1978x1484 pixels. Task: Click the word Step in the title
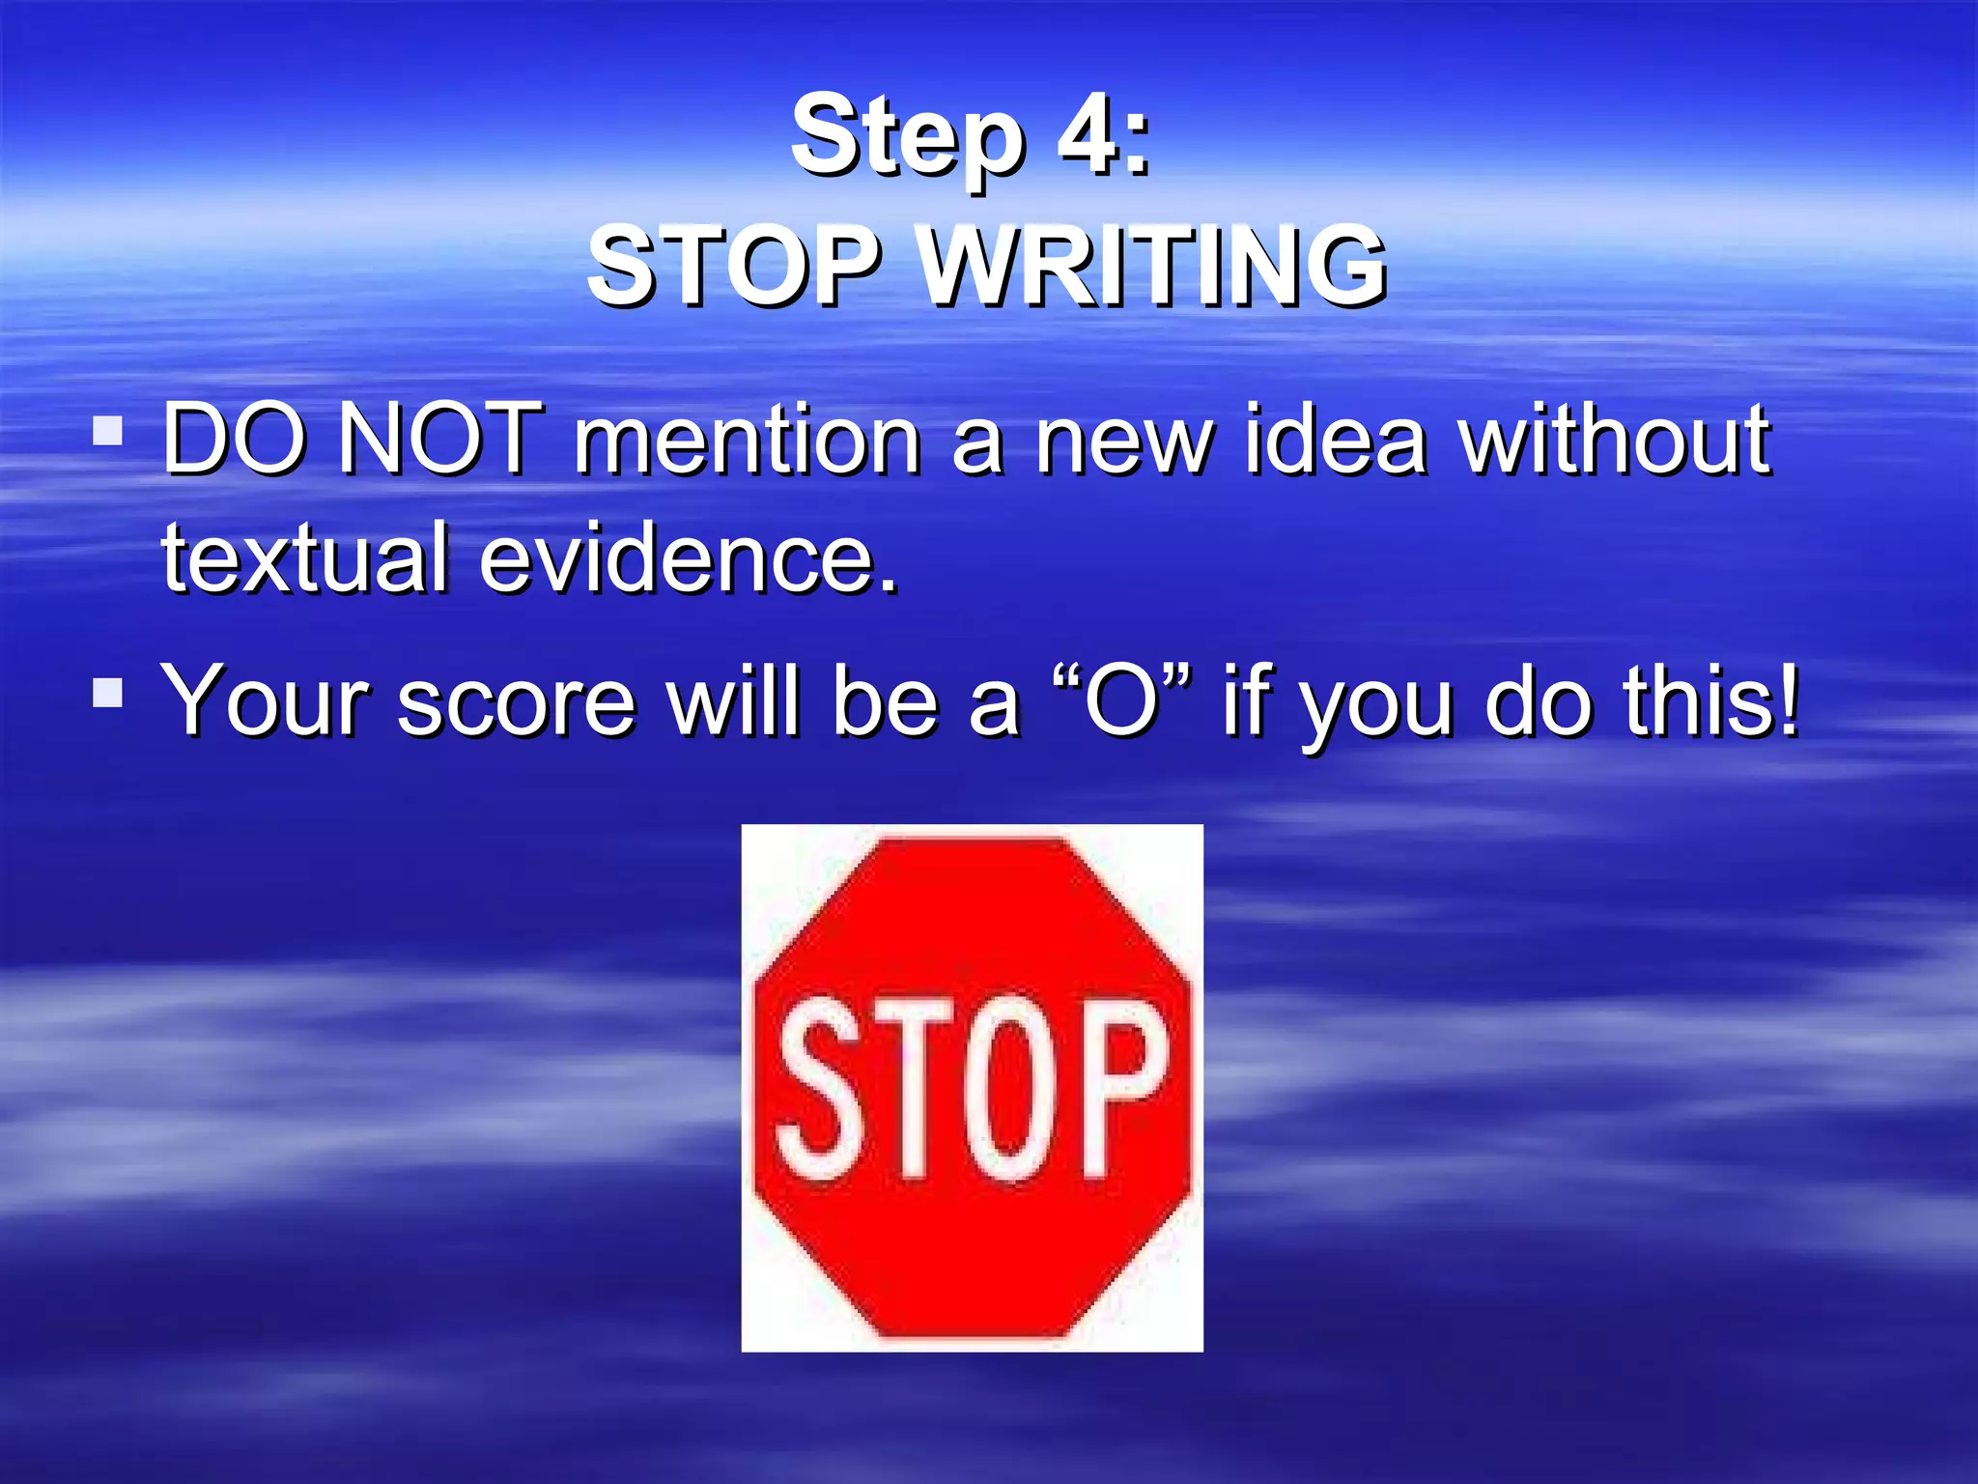[x=906, y=137]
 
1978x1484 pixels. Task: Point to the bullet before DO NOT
[x=107, y=431]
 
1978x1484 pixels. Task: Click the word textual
[x=303, y=557]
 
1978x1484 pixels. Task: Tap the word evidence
[x=689, y=557]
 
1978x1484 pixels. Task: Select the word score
[x=516, y=700]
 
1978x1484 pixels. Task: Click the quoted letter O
[x=1121, y=700]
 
